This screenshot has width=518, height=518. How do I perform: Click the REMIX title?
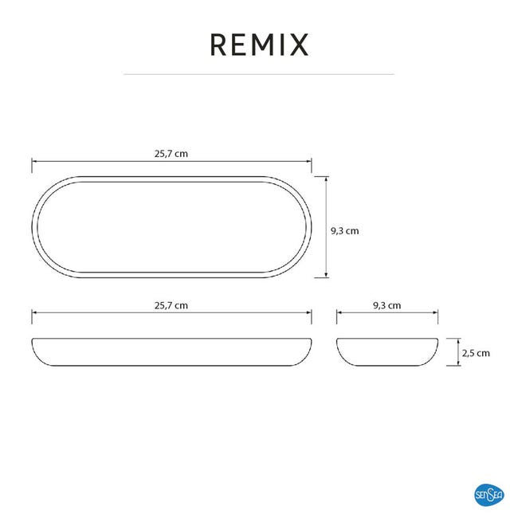pyautogui.click(x=259, y=45)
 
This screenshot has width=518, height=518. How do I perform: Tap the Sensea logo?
pyautogui.click(x=489, y=495)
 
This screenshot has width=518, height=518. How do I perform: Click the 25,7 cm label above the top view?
pyautogui.click(x=171, y=154)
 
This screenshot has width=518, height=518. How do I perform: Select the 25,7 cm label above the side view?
pyautogui.click(x=171, y=305)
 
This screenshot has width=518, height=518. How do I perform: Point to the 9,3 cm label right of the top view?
pyautogui.click(x=345, y=231)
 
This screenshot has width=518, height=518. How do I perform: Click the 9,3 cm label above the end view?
pyautogui.click(x=387, y=305)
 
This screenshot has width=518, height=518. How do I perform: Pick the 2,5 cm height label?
pyautogui.click(x=476, y=353)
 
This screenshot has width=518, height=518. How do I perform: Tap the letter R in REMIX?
pyautogui.click(x=218, y=45)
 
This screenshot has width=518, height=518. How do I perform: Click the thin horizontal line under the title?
pyautogui.click(x=259, y=74)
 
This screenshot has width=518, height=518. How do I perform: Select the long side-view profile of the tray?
pyautogui.click(x=171, y=365)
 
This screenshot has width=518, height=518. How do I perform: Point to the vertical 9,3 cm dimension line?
pyautogui.click(x=327, y=227)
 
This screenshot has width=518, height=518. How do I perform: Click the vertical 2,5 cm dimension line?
pyautogui.click(x=458, y=352)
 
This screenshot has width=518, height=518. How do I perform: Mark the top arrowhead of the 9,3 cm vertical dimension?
pyautogui.click(x=327, y=179)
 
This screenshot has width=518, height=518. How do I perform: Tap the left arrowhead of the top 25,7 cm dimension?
pyautogui.click(x=34, y=162)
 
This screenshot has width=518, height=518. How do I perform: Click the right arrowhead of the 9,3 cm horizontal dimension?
pyautogui.click(x=435, y=313)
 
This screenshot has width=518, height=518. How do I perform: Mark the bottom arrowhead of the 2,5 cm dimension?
pyautogui.click(x=458, y=363)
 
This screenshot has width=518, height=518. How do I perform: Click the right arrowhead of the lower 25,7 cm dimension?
pyautogui.click(x=309, y=313)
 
